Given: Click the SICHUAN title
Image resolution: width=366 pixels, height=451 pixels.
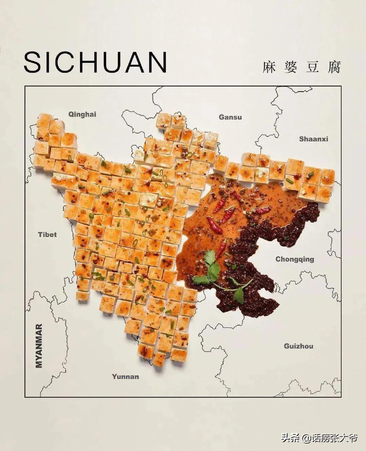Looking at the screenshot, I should [x=95, y=62].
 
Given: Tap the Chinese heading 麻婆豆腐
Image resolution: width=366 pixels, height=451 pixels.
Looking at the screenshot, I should [x=301, y=67].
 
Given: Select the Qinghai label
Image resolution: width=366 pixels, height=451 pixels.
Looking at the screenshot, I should [x=82, y=114].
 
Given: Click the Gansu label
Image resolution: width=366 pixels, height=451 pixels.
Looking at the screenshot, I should [x=230, y=117].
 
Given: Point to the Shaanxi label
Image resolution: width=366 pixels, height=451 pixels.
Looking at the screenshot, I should [x=313, y=139].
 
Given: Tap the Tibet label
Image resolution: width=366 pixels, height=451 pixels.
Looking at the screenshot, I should [x=47, y=235].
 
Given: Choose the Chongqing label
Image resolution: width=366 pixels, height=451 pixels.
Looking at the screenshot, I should [x=294, y=259].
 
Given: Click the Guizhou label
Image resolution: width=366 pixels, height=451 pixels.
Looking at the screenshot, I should [x=298, y=346].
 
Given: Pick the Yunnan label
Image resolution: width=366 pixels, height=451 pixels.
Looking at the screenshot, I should [x=125, y=377].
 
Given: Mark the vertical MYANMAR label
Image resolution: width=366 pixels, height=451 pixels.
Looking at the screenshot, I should [x=39, y=346].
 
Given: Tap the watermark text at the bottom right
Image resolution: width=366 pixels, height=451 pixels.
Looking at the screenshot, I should [x=319, y=438].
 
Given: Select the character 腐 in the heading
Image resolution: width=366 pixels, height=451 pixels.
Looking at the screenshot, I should [x=334, y=67].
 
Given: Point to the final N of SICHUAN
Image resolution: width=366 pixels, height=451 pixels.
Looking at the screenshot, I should [x=156, y=62].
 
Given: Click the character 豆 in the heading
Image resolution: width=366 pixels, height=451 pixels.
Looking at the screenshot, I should [x=312, y=67].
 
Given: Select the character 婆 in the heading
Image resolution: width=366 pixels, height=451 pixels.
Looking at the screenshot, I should [x=290, y=67].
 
